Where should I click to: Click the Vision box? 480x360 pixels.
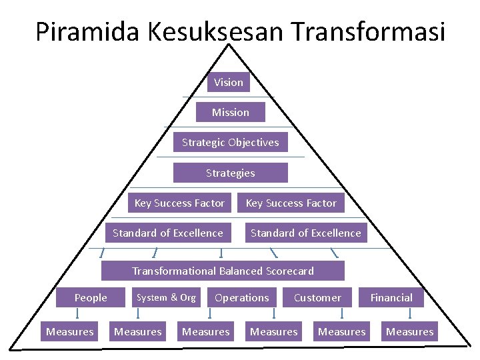tap(229, 82)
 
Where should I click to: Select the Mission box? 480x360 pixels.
tap(231, 112)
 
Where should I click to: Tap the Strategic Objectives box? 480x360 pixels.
tap(231, 142)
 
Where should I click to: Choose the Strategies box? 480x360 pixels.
tap(231, 173)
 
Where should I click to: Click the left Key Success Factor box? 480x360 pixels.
tap(179, 203)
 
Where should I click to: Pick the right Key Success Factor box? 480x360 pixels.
tap(291, 203)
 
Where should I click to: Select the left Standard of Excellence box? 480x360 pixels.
tap(168, 233)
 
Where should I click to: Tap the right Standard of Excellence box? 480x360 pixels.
tap(305, 233)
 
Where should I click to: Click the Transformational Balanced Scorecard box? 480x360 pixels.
tap(223, 271)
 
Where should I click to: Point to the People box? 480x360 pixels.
tap(91, 297)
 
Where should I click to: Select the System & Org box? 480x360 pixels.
tap(166, 297)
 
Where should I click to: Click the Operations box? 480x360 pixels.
tap(242, 297)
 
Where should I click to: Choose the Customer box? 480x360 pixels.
tap(317, 297)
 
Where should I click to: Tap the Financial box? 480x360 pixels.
tap(391, 297)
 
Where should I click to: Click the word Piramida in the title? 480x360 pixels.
tap(79, 31)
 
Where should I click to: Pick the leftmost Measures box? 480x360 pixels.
tap(70, 331)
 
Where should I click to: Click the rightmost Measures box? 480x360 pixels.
tap(410, 331)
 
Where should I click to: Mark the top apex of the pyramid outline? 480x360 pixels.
tap(229, 45)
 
